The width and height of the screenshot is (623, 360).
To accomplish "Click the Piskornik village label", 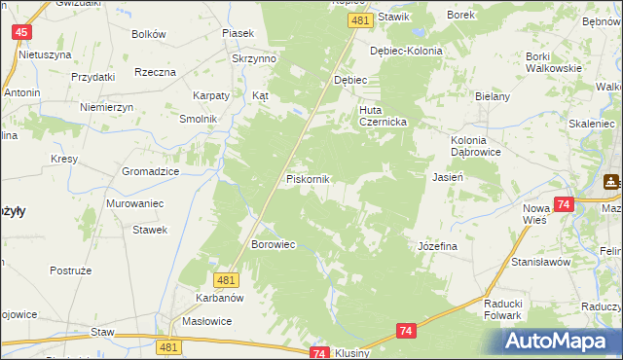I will tap(309, 180).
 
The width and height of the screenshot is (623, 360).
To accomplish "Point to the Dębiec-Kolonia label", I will tap(406, 51).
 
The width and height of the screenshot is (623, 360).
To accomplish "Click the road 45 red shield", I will tap(21, 32).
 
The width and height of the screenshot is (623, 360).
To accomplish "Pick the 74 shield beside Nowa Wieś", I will tap(563, 204).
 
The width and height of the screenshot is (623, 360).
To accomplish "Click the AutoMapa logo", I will tap(561, 341).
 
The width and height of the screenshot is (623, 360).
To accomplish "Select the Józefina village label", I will tap(437, 247).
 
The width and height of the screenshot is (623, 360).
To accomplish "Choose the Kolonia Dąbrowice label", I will tap(475, 146).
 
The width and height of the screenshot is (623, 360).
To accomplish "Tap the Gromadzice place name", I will tap(150, 170).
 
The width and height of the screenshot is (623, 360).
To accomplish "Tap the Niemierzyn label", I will tap(107, 106).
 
